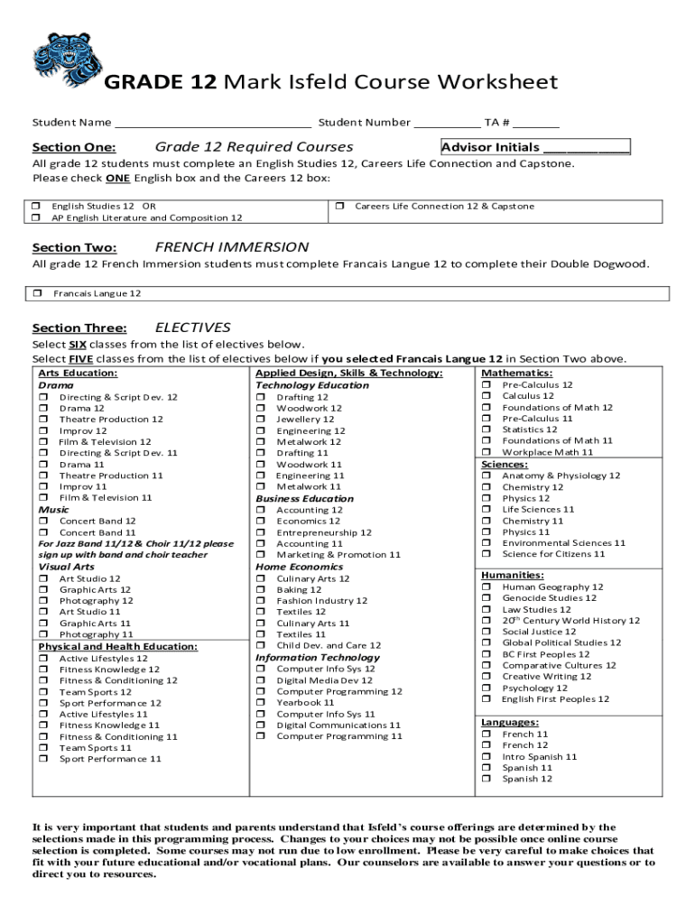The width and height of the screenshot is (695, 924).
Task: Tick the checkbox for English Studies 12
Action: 37,207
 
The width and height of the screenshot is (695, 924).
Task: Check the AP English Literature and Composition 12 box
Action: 37,218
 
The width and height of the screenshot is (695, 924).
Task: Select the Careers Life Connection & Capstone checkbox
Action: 340,207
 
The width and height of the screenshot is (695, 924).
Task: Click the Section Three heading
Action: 79,328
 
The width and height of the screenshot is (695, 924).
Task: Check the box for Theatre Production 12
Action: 43,420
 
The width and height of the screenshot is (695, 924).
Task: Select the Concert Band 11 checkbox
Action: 43,533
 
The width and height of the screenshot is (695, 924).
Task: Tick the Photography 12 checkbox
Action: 43,601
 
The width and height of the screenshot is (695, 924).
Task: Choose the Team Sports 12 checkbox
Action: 43,692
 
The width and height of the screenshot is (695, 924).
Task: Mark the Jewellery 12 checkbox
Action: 261,420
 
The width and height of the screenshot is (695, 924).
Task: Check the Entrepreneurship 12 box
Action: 261,533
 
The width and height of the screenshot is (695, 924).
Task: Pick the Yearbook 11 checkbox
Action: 261,703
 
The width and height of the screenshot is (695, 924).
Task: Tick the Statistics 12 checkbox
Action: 486,430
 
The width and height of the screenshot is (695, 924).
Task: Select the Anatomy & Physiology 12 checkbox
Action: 486,476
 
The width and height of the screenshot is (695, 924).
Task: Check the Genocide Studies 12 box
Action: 486,598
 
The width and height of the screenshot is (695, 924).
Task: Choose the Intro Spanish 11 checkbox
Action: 486,757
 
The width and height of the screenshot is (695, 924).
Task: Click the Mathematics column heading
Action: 516,373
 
